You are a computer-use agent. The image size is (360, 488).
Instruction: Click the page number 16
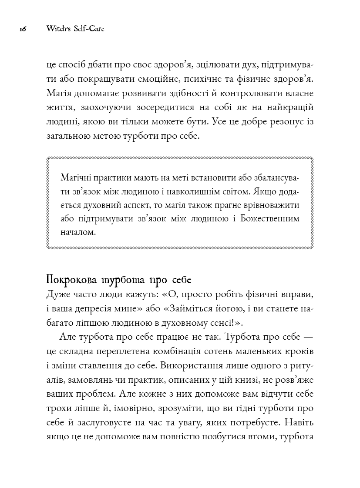(23, 29)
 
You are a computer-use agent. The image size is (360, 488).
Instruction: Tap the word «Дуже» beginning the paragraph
(56, 295)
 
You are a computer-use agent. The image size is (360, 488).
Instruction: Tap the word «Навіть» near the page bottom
(300, 421)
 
